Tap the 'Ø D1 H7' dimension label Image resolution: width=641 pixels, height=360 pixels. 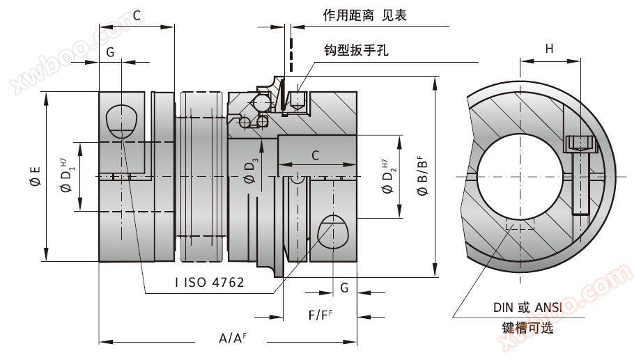coord(66,177)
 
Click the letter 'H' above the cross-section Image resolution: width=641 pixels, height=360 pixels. coord(549,49)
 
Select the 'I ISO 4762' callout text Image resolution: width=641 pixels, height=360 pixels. coord(210,282)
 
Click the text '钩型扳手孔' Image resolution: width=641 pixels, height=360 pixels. coord(356,50)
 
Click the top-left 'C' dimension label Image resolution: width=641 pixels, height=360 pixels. coord(137,15)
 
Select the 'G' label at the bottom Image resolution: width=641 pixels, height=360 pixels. coord(344,287)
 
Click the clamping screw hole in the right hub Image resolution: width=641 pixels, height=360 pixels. coord(333,230)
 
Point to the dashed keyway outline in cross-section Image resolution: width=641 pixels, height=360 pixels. coord(519,228)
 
